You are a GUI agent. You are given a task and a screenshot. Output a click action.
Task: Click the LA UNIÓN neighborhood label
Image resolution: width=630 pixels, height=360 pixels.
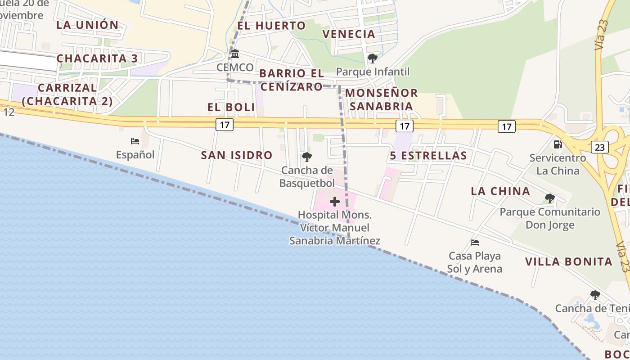87,25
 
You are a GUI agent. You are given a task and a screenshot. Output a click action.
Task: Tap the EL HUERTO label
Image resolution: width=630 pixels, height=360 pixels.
271,26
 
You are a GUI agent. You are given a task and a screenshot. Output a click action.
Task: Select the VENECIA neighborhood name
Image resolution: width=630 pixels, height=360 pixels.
349,34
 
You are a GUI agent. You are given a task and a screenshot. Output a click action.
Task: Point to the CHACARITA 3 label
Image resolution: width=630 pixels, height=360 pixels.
97,58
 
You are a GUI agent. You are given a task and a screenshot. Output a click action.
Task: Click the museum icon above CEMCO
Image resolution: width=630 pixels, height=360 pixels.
235,54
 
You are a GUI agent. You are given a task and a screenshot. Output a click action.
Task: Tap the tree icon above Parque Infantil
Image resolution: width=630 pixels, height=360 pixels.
372,58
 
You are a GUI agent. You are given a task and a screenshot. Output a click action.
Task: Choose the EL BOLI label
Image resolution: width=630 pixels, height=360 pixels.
231,108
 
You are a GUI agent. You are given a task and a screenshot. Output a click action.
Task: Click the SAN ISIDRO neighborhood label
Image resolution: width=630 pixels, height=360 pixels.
237,156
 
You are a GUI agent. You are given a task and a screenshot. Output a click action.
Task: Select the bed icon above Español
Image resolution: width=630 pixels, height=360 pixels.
135,141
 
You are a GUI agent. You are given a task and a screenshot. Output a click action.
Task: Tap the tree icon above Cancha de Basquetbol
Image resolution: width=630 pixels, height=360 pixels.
307,157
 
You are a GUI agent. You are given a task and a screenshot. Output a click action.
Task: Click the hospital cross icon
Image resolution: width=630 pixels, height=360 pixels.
334,201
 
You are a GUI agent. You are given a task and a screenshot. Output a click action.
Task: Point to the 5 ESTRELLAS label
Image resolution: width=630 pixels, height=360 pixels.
428,156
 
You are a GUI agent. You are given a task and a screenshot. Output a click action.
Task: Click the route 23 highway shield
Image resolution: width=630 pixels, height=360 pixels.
601,147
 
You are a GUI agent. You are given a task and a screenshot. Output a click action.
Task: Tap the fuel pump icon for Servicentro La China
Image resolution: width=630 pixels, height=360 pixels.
558,144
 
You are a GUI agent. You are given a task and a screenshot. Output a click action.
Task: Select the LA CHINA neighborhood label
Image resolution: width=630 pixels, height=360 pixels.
500,191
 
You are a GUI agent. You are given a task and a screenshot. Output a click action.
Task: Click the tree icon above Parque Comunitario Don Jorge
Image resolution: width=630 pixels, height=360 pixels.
549,198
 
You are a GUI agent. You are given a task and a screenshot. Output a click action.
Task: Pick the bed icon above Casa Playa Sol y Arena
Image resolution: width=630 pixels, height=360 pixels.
475,243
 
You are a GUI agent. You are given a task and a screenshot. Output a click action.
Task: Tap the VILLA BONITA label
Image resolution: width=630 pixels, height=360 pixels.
569,262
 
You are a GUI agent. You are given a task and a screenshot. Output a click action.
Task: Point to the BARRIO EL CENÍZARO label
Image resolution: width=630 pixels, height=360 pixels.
292,80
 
